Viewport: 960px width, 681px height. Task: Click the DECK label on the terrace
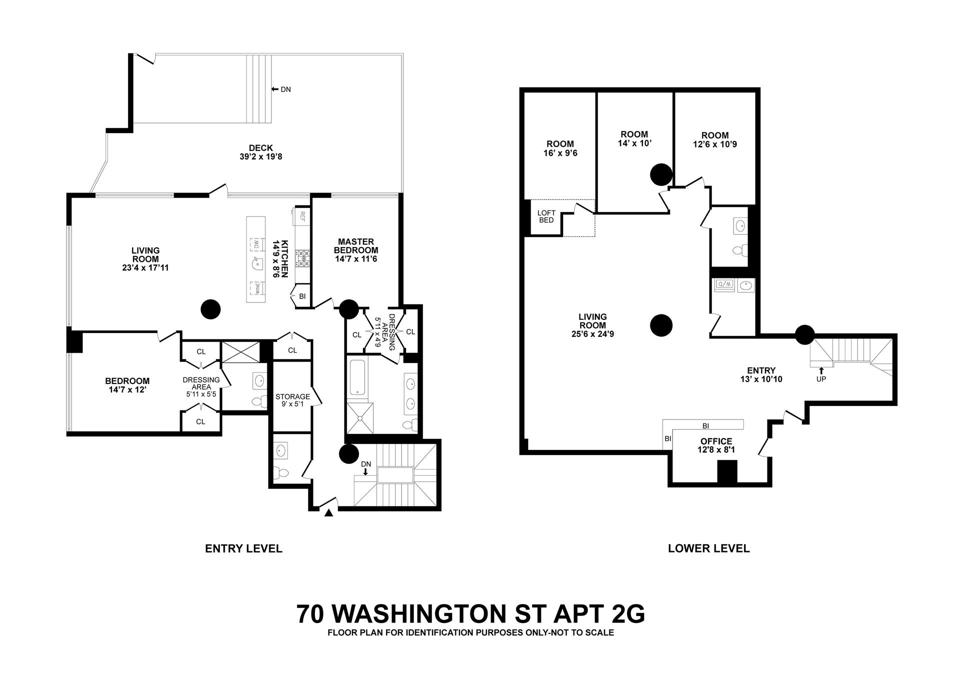coord(261,148)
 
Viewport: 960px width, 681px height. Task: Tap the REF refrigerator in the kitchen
coord(302,216)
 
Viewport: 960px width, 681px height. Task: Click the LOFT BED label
coord(546,216)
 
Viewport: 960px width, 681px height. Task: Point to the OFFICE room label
coord(716,441)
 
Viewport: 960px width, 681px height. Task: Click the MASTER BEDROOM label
coord(355,246)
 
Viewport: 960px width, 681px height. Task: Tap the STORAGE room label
coord(292,397)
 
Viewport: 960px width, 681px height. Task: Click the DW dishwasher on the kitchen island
coord(256,243)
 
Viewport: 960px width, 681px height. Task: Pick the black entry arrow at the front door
coord(328,512)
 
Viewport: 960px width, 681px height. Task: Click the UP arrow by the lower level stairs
coord(821,371)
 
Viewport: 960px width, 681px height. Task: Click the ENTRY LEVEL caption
coord(243,548)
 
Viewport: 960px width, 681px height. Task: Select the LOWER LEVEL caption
coord(708,548)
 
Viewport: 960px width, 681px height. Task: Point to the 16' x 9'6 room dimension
coord(560,153)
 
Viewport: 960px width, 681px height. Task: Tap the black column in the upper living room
coord(210,309)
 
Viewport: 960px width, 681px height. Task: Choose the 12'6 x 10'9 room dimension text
coord(714,144)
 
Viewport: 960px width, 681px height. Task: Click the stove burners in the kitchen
coord(303,258)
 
